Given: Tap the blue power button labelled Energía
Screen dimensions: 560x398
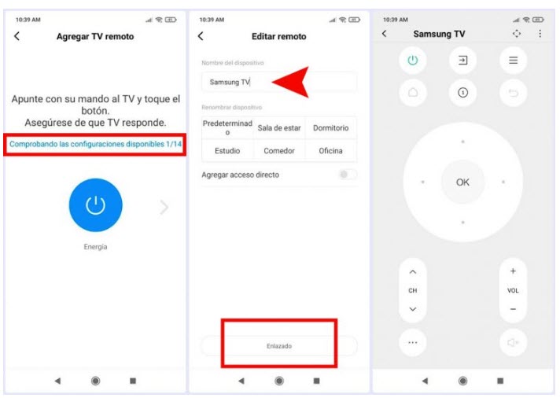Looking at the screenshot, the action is (x=95, y=205).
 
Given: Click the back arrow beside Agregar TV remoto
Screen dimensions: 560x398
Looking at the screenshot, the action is (x=17, y=36).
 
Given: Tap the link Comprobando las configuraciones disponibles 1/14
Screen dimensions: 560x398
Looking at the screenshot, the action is (x=95, y=144).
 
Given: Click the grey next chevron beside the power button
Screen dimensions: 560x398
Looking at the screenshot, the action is (x=164, y=207).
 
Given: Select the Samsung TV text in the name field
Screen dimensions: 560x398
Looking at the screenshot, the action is (x=230, y=82).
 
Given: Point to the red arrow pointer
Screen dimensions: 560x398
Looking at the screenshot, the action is (x=291, y=82).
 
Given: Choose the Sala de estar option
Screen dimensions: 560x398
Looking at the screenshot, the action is (x=279, y=128).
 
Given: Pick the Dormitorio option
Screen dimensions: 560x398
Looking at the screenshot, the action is (x=330, y=128).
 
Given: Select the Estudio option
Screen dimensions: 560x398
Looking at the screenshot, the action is (x=227, y=151).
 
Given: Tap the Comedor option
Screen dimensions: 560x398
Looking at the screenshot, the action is (x=279, y=151).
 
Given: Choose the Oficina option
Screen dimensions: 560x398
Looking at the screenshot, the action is (x=330, y=151).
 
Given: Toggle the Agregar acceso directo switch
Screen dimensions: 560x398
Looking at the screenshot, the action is (x=348, y=175).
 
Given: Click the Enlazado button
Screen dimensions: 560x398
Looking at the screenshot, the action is (x=279, y=346).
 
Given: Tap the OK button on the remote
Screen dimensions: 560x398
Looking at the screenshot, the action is (x=462, y=182).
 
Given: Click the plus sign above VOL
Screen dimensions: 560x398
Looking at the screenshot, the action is (x=513, y=271).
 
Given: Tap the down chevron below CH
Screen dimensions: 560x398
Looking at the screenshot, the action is (x=413, y=309).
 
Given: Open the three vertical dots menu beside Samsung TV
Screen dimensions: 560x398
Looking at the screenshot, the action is (x=540, y=34).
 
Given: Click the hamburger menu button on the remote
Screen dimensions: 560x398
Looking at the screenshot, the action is (x=514, y=60).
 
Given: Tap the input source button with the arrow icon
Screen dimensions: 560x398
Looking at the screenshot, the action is (x=462, y=60).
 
